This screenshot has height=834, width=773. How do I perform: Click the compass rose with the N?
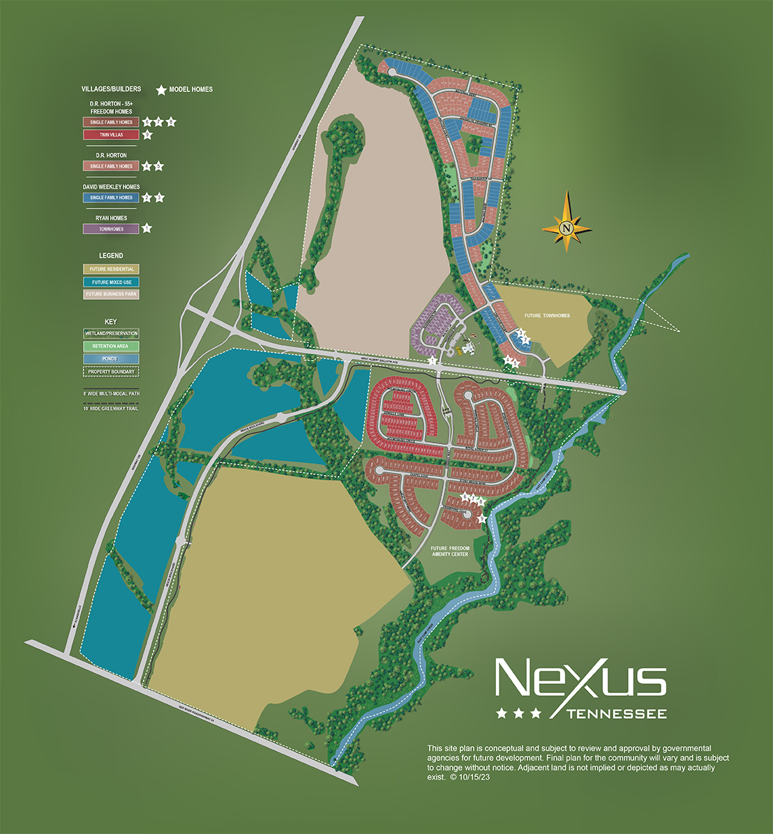[x=566, y=227]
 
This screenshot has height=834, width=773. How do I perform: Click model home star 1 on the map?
[x=433, y=361]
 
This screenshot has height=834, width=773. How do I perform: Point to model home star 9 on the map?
[x=481, y=517]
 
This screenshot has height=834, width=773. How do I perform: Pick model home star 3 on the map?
[x=520, y=333]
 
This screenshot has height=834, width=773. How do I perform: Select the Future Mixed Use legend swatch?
[x=111, y=282]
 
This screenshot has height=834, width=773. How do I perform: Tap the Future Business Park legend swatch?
[x=111, y=294]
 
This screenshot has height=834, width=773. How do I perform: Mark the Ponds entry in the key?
[x=111, y=358]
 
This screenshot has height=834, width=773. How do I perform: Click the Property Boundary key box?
[x=111, y=371]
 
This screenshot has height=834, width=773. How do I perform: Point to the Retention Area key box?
[x=111, y=346]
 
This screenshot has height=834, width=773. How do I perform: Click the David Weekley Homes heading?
[x=111, y=187]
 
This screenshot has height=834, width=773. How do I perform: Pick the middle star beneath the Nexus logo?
[x=518, y=713]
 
